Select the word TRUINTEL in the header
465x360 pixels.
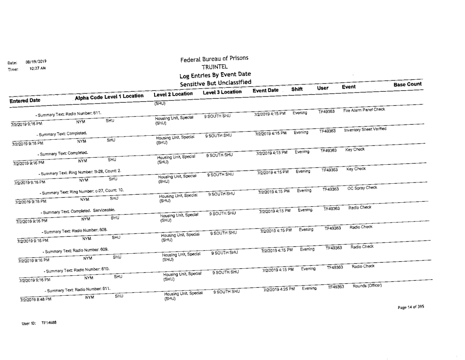[x=214, y=67]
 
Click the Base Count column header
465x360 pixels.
[x=407, y=84]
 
